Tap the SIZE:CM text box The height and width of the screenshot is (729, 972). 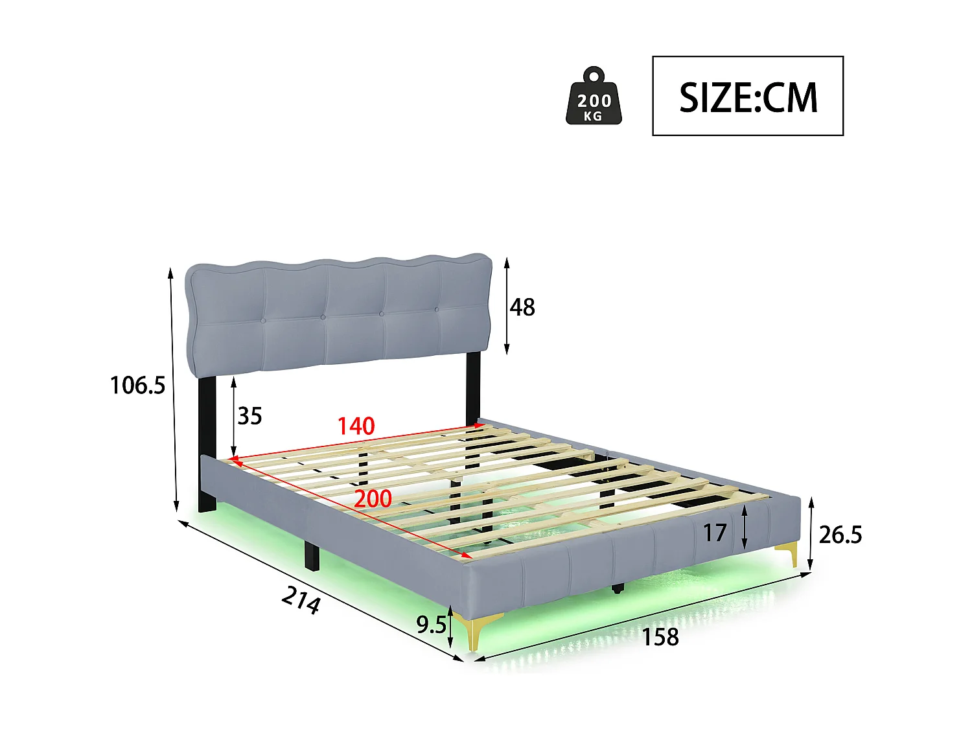pos(747,96)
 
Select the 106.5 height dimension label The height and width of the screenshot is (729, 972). pos(137,385)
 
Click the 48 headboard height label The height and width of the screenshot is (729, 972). pos(522,307)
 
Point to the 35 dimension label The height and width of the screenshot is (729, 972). pos(249,415)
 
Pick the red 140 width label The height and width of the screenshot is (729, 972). pos(356,426)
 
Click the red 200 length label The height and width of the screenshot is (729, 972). pos(373,498)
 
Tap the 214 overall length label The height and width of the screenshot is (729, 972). pos(301,600)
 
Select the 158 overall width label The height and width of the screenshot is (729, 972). pos(660,637)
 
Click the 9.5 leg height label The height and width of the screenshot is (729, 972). pos(431,625)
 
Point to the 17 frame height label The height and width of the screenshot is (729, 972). pos(715,533)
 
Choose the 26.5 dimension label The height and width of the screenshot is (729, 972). pos(840,535)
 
